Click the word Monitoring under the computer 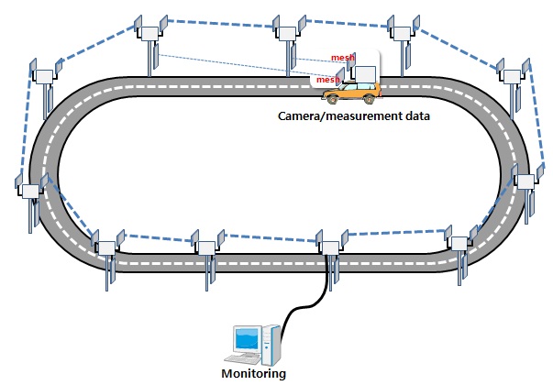(x=254, y=374)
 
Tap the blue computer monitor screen (x=248, y=339)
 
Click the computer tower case (x=271, y=345)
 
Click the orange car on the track (x=352, y=93)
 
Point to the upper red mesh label (x=342, y=57)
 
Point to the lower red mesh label (x=327, y=80)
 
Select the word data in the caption (x=417, y=115)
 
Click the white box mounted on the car (x=365, y=74)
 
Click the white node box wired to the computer (x=330, y=247)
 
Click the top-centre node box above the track (x=287, y=34)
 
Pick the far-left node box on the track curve (x=30, y=191)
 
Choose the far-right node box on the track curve (x=525, y=181)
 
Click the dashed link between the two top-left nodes (x=97, y=44)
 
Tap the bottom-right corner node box (x=459, y=244)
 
